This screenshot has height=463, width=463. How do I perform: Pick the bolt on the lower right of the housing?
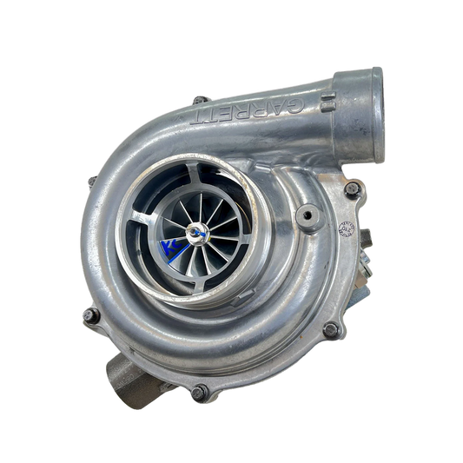click(x=329, y=329)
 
